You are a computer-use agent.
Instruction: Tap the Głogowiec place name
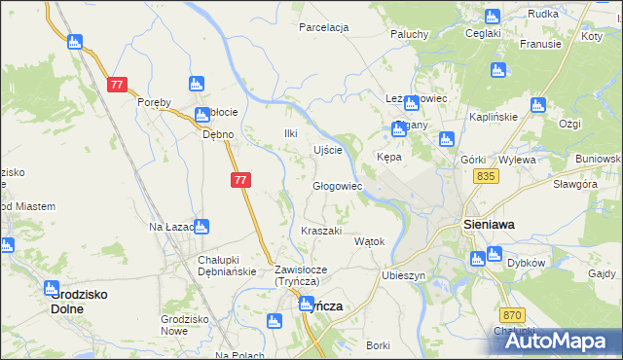337,186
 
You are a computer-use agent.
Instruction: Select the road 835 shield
488,176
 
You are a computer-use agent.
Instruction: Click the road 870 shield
515,315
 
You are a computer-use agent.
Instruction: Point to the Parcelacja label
324,27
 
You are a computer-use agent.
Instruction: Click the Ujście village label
327,150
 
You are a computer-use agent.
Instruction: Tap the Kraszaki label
321,231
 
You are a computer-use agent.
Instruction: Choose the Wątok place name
370,241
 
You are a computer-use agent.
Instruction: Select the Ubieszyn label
404,275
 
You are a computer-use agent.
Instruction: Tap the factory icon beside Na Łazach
201,227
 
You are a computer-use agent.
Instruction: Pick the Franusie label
540,44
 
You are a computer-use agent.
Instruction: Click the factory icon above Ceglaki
492,16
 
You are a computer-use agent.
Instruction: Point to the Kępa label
389,157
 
